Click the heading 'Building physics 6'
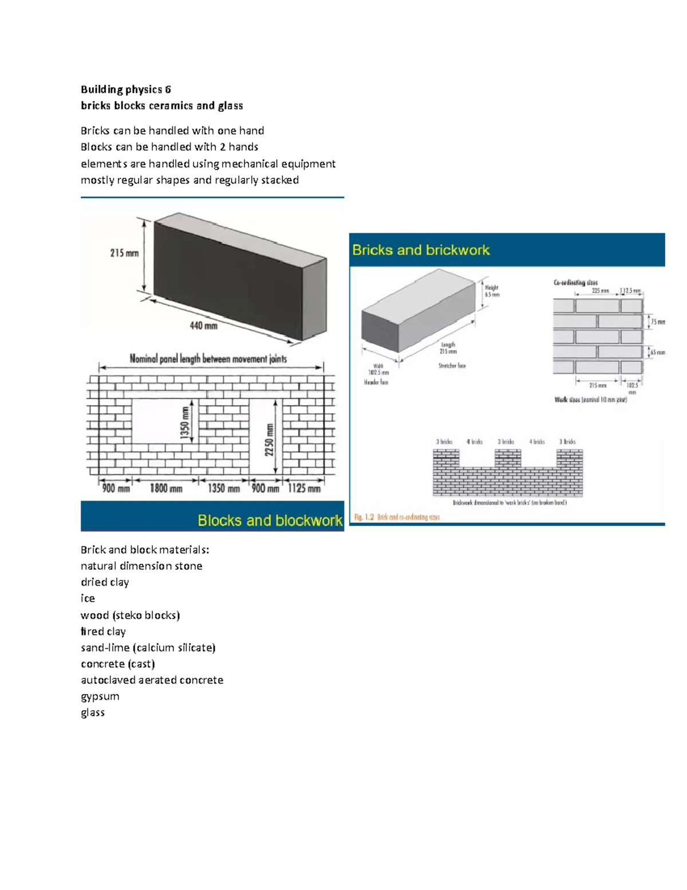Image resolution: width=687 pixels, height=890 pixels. coord(125,89)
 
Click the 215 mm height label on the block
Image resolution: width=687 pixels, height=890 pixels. coord(124,253)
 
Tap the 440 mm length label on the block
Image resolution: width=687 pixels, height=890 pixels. coord(203,326)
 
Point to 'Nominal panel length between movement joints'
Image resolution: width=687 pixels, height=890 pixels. coord(208,359)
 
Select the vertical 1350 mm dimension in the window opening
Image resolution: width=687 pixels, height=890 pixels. coord(185,422)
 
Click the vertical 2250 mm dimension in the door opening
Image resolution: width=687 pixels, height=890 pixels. coord(269,440)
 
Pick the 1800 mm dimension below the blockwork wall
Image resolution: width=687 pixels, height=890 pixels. coord(166,488)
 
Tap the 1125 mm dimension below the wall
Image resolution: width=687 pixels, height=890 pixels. coord(304,488)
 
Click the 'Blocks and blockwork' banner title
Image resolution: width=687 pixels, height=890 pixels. coord(270,520)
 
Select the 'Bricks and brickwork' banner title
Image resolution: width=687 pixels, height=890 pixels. coord(421,250)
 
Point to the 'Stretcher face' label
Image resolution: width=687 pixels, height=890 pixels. coord(452,366)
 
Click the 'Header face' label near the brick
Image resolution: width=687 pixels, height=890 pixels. coord(376,382)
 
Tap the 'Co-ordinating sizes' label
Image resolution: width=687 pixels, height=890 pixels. coord(575,283)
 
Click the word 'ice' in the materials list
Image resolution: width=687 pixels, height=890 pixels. coord(88,598)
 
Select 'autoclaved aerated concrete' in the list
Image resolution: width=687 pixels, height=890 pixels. coord(152,680)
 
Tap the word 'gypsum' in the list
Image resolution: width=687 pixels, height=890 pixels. coord(100,696)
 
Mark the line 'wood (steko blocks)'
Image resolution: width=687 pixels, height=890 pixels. coord(130,615)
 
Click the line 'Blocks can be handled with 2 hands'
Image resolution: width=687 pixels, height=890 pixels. coord(169,147)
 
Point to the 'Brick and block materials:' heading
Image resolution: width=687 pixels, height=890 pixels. coord(145,550)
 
